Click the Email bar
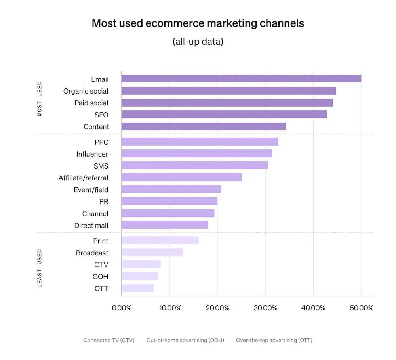pos(241,79)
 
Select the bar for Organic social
pos(228,91)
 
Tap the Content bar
pos(204,126)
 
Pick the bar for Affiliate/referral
pos(181,177)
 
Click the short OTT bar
pos(137,288)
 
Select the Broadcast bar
pos(152,252)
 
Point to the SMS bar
pos(194,165)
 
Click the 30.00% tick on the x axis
pos(265,308)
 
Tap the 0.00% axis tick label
pos(122,308)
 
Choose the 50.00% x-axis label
pos(361,308)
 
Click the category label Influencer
pos(92,154)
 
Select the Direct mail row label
pos(91,225)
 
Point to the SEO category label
pos(101,115)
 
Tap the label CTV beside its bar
pos(101,264)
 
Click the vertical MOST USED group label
pos(40,99)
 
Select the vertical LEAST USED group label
pos(40,268)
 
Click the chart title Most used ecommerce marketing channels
pos(198,23)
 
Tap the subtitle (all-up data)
pos(198,42)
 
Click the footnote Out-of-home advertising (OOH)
pos(185,340)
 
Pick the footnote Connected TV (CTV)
pos(109,340)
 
